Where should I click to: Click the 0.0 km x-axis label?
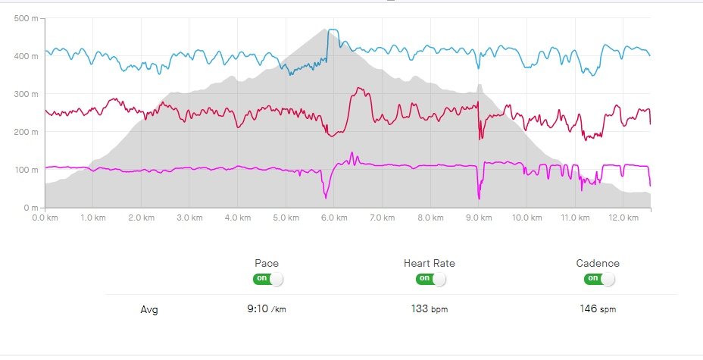pos(45,218)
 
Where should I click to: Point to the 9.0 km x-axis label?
pos(478,218)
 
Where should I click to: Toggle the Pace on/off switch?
pos(268,278)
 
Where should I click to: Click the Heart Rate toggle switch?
pos(430,278)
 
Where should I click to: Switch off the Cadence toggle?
pos(599,278)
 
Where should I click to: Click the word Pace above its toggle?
pos(267,263)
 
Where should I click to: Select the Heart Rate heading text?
pos(430,263)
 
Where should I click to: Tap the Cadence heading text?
pos(598,263)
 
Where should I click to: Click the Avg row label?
pos(150,309)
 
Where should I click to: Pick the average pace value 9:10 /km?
pos(267,309)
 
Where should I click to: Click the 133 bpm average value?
pos(430,309)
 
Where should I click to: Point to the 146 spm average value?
pos(598,309)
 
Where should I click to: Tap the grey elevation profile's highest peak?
pos(326,30)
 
